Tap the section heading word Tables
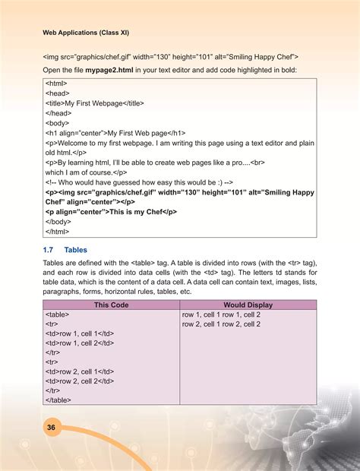coord(77,248)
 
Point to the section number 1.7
coord(48,248)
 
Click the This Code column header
coord(111,305)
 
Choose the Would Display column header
coord(248,305)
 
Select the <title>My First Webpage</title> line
coord(95,103)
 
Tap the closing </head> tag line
coord(60,112)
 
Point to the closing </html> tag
coord(58,231)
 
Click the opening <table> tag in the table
coord(58,315)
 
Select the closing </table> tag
coord(58,400)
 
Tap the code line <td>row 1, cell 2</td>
coord(80,343)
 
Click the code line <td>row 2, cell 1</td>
coord(80,371)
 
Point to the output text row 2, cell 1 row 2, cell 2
coord(222,324)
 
